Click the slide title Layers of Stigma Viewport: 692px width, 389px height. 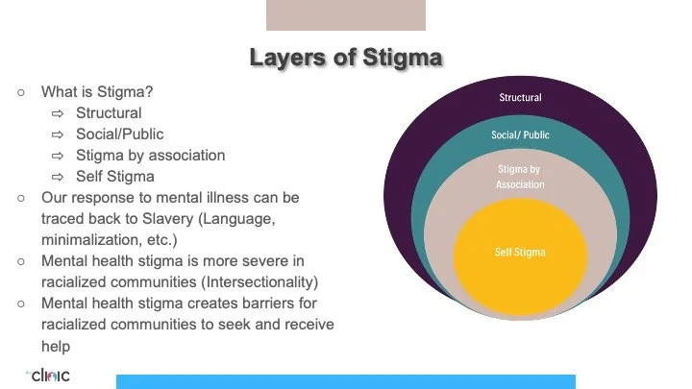tap(345, 57)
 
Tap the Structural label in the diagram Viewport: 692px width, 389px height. tap(520, 98)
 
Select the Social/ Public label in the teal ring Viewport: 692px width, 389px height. tap(520, 135)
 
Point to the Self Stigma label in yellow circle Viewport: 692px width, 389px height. tap(520, 253)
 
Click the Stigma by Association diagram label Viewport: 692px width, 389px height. tap(520, 177)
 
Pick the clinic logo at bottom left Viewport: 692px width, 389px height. tap(49, 375)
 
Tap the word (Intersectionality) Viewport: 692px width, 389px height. tap(258, 281)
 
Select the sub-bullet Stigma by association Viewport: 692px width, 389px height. tap(151, 156)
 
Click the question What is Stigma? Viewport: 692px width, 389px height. tap(96, 92)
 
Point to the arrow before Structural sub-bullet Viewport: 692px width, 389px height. tap(58, 113)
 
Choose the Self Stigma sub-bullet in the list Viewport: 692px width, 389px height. tap(115, 177)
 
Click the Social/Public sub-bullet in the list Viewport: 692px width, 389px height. tap(120, 134)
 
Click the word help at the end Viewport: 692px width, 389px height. tap(56, 345)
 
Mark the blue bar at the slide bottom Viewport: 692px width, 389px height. tap(345, 381)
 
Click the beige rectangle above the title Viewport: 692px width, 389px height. tap(345, 15)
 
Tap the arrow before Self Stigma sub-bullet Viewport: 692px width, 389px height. tap(58, 177)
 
